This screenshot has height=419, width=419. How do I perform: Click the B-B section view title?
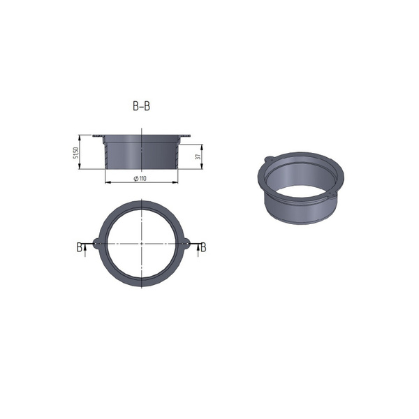141,107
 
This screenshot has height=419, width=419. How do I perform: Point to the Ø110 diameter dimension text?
140,179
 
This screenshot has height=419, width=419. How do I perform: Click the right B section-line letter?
203,247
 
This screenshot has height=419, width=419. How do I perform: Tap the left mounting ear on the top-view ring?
93,242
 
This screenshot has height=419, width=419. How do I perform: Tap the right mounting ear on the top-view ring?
189,242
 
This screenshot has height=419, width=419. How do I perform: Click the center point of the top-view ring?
141,242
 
